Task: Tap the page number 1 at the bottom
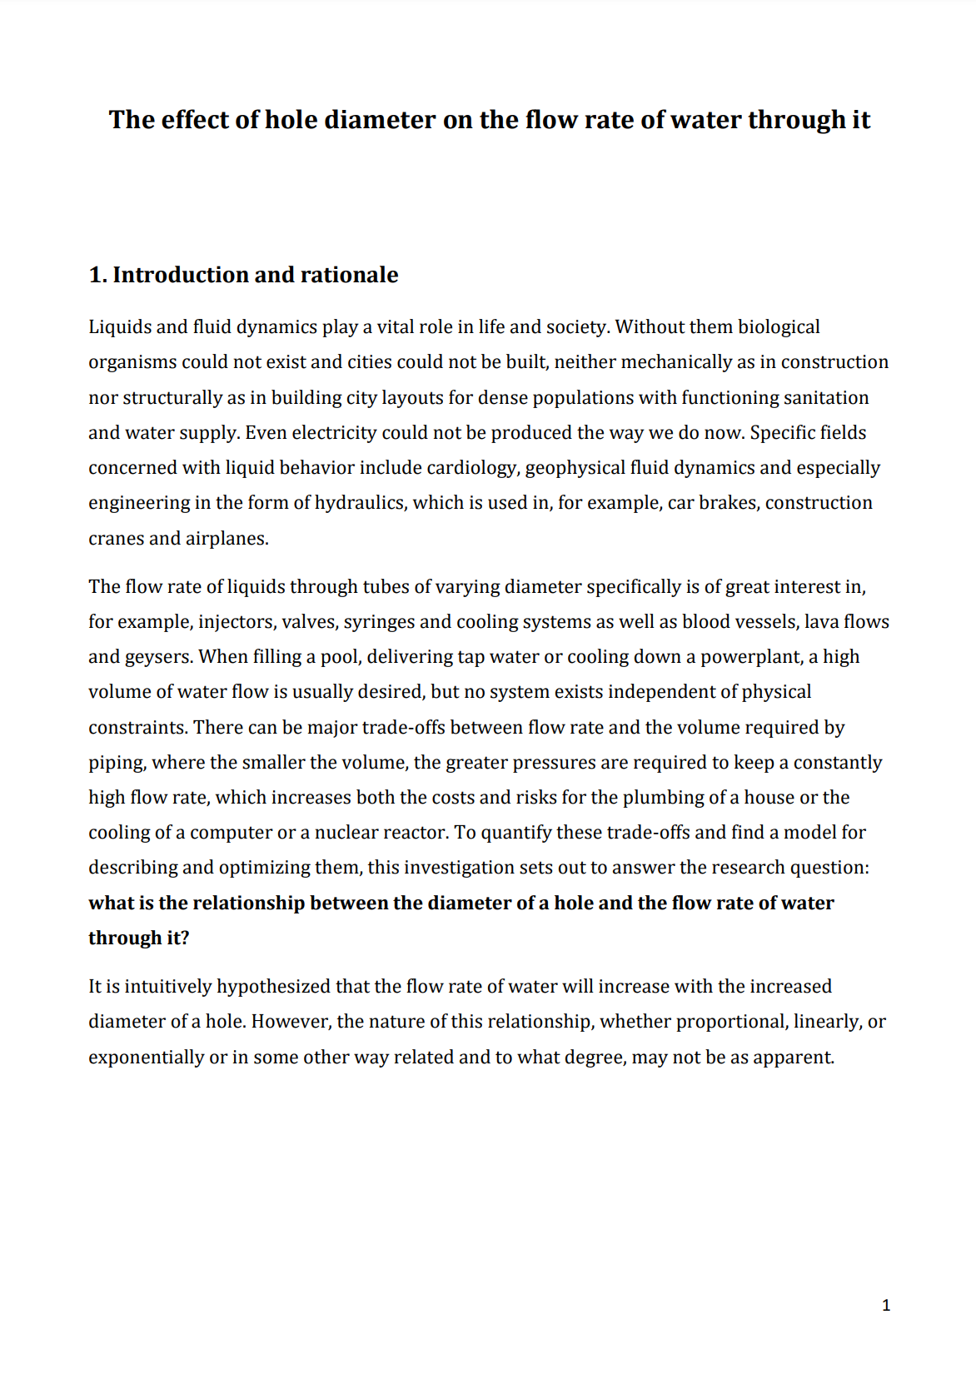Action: pos(885,1305)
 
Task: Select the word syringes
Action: pos(376,622)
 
